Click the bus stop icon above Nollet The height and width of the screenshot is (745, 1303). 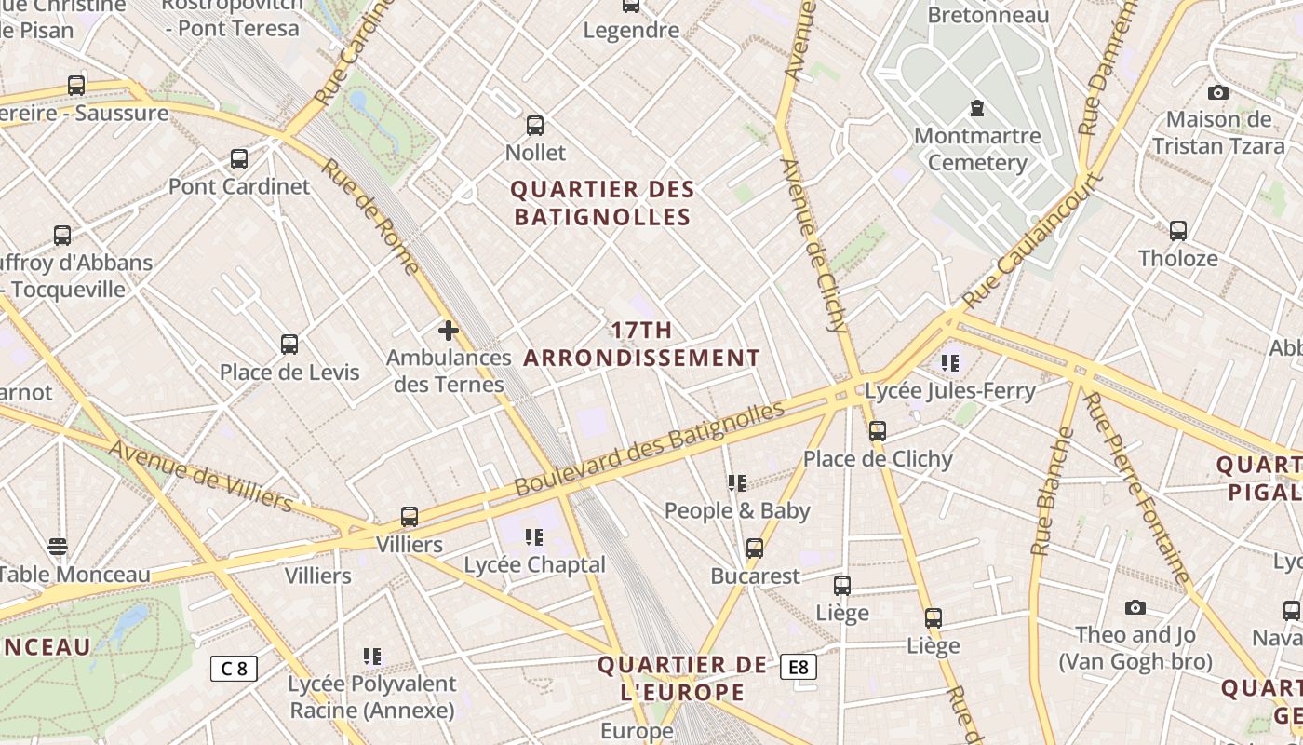[535, 125]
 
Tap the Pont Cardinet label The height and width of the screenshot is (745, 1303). [239, 186]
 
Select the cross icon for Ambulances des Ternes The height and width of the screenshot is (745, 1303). [449, 331]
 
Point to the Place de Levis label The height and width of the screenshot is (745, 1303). [289, 372]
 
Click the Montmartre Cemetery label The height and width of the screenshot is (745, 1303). [977, 150]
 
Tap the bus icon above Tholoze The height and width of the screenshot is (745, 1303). [1178, 231]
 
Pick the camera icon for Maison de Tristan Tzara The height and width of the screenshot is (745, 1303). [1218, 92]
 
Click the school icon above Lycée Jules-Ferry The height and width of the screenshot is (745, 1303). [949, 362]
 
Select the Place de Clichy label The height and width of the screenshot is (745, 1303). [878, 459]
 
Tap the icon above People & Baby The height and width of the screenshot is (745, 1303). [737, 482]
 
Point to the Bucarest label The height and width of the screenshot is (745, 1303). [755, 576]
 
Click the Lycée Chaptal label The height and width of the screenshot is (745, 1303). [534, 565]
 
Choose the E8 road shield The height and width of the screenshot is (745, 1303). [799, 667]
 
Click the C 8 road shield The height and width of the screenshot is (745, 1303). [234, 668]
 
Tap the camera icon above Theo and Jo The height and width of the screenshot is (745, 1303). [1135, 608]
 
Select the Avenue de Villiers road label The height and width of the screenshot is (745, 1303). [201, 476]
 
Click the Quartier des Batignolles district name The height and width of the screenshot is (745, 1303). [602, 203]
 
